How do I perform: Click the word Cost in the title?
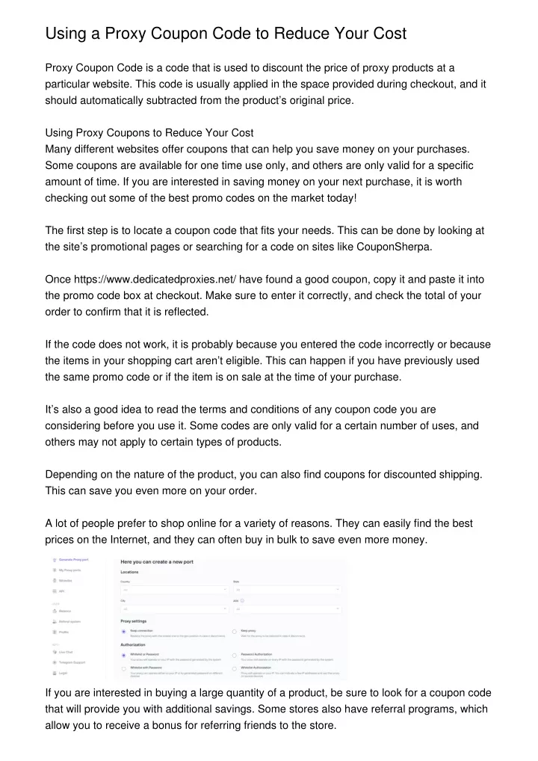385,34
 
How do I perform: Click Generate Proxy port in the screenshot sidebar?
73,559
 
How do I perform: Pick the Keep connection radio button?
124,632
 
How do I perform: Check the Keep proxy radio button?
235,632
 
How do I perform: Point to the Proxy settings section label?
133,620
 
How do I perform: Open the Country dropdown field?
174,590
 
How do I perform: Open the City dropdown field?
174,609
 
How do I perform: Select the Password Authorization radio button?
235,655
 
